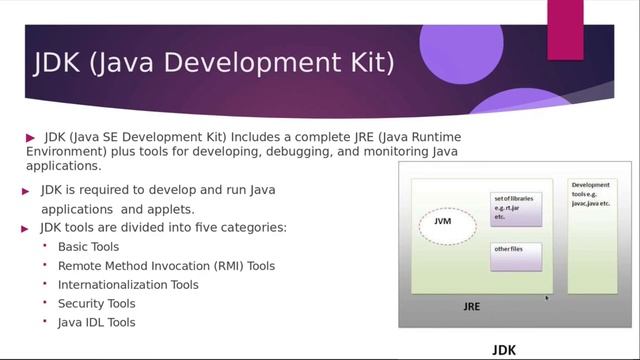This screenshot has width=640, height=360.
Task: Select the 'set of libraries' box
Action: point(515,208)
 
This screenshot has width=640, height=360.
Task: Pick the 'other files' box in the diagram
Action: point(515,255)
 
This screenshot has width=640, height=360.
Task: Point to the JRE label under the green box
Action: point(471,306)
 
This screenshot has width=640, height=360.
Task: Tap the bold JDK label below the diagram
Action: point(505,350)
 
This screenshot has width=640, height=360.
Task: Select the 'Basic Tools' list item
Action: point(88,247)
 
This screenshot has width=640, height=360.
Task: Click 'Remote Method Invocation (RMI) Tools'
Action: point(166,266)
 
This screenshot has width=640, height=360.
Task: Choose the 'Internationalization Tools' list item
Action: point(128,285)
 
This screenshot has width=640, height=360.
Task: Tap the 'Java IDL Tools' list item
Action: point(96,322)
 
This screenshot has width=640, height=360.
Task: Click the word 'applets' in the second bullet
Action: point(169,210)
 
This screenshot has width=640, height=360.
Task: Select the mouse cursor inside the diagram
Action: point(547,298)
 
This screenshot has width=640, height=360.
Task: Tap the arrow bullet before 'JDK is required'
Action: point(27,190)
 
